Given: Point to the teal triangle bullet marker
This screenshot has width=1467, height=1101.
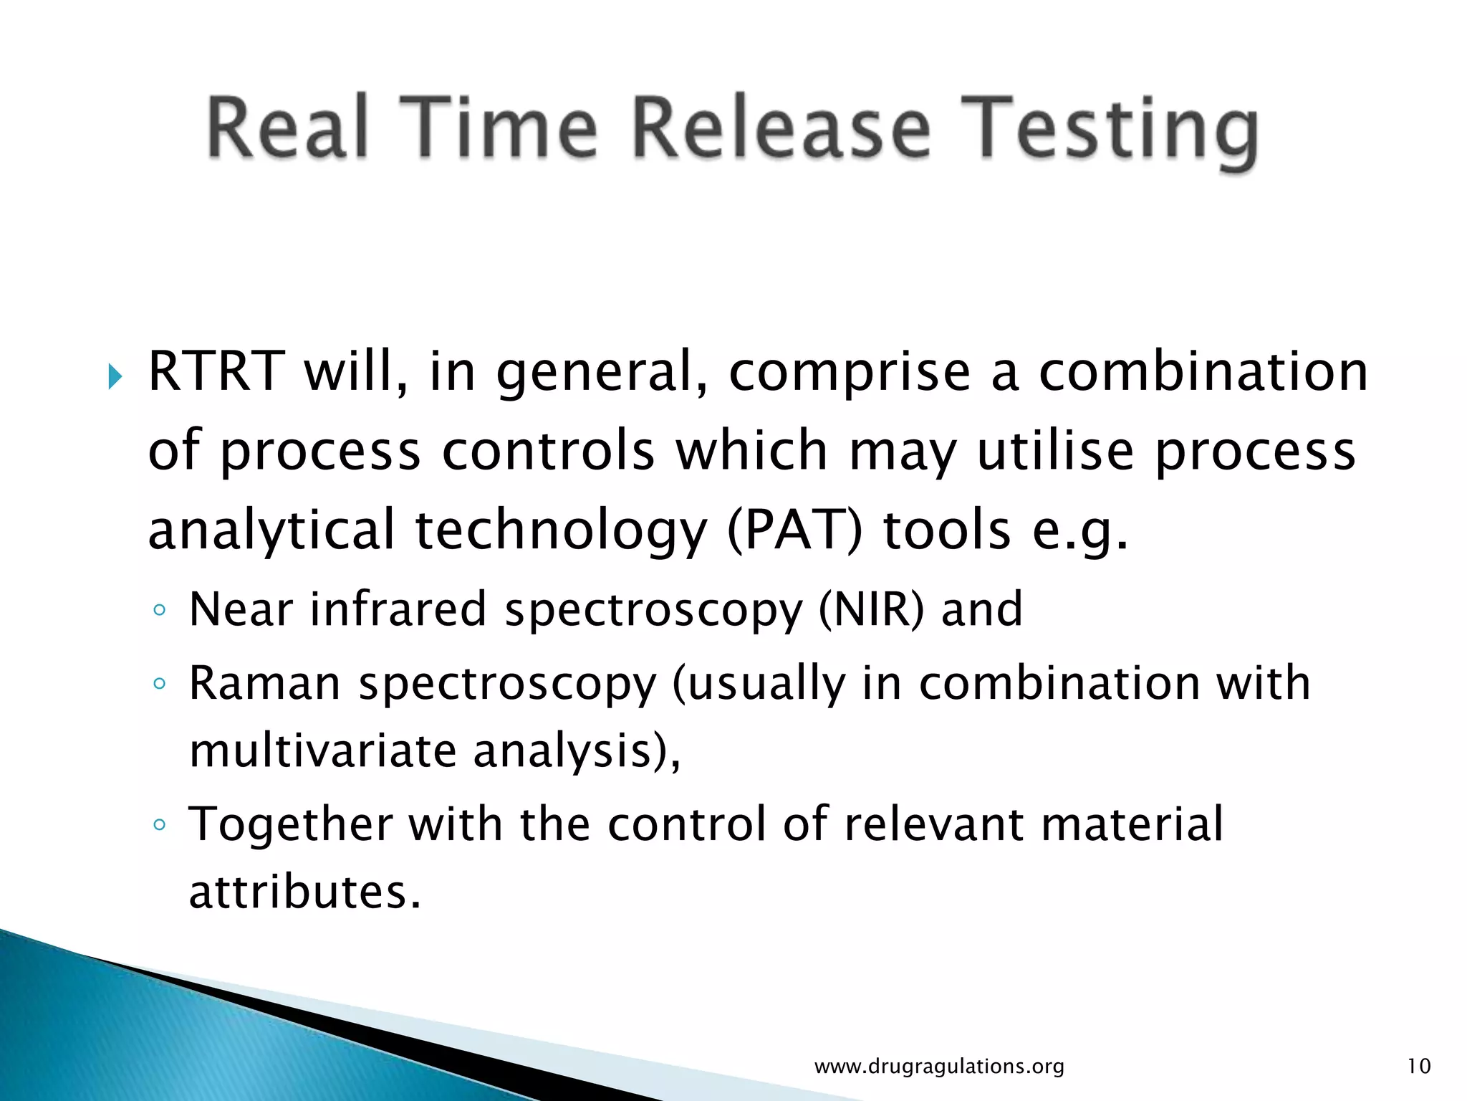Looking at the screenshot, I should (x=115, y=376).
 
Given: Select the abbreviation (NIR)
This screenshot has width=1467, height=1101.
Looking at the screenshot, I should (x=871, y=609).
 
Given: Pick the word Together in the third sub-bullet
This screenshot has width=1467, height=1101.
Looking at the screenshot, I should (x=290, y=824).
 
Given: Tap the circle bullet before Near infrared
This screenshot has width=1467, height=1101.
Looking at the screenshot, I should (x=160, y=611).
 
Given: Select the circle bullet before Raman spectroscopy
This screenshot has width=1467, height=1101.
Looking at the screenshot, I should (x=160, y=684).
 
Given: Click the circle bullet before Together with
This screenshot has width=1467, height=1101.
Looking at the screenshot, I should (x=160, y=825).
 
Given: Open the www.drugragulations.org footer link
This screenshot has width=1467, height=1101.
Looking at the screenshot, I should (x=939, y=1066).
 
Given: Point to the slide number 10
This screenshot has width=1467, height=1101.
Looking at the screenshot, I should (x=1418, y=1066).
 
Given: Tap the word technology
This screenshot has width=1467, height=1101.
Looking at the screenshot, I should (x=561, y=530).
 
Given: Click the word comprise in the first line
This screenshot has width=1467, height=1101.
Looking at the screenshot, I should (x=849, y=373).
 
